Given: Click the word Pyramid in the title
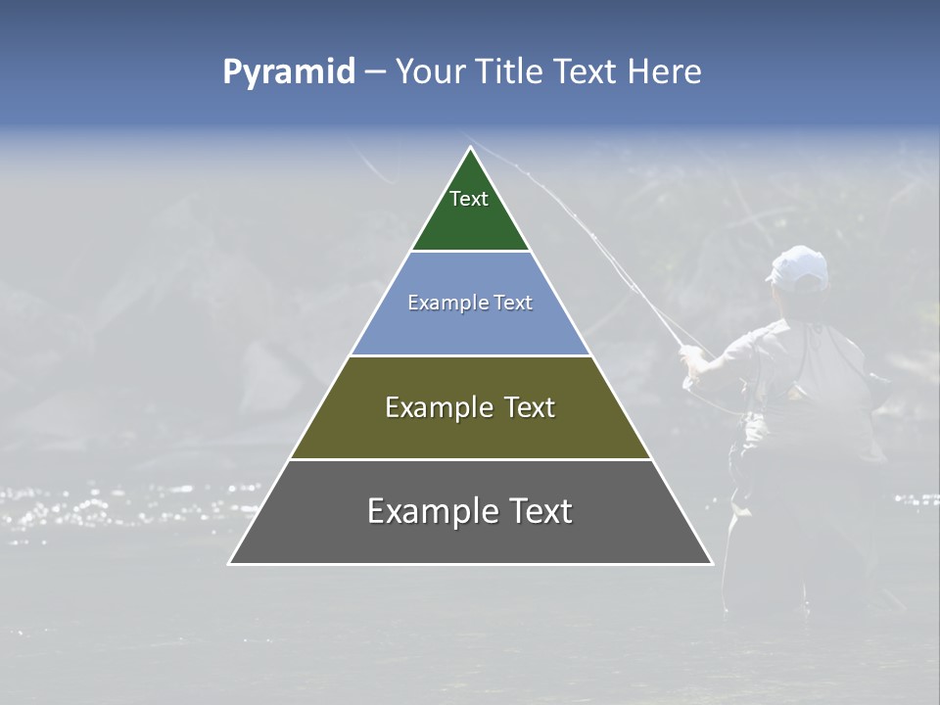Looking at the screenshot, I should pyautogui.click(x=288, y=72).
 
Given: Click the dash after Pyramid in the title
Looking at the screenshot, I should pyautogui.click(x=374, y=72).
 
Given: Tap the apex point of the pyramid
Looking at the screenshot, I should pyautogui.click(x=470, y=147).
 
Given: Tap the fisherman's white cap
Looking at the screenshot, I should pyautogui.click(x=798, y=266).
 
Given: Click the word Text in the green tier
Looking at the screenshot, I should pyautogui.click(x=469, y=199).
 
